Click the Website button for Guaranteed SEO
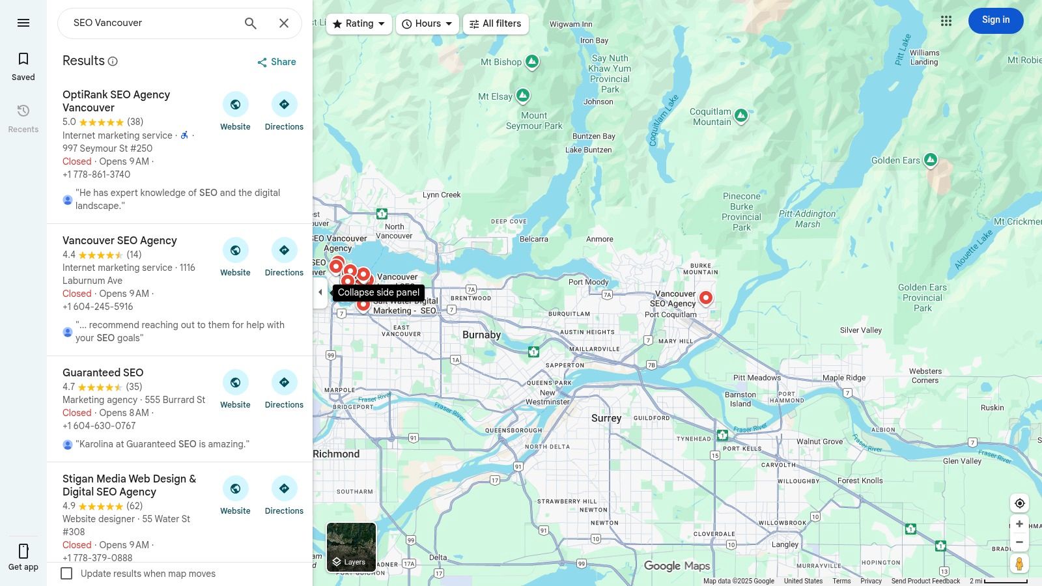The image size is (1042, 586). click(235, 389)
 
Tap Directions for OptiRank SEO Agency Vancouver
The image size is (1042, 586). click(284, 111)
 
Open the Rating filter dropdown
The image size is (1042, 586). click(359, 24)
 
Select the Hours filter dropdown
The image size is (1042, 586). click(427, 24)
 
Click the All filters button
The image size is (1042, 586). click(496, 24)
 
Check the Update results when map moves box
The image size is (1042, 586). click(66, 574)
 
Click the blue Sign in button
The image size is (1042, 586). click(995, 20)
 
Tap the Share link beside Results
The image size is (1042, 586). click(277, 62)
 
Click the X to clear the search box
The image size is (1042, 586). click(284, 23)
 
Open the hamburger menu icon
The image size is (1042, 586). click(23, 23)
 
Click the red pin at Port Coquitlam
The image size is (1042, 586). click(705, 298)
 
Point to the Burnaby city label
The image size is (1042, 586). click(481, 335)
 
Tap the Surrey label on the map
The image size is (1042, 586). click(606, 418)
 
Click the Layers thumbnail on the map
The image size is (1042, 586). click(351, 547)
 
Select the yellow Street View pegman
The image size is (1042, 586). click(1019, 563)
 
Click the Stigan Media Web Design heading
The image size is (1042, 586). click(129, 485)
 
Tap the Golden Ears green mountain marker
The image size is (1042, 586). click(931, 160)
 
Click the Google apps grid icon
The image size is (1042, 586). click(946, 21)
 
